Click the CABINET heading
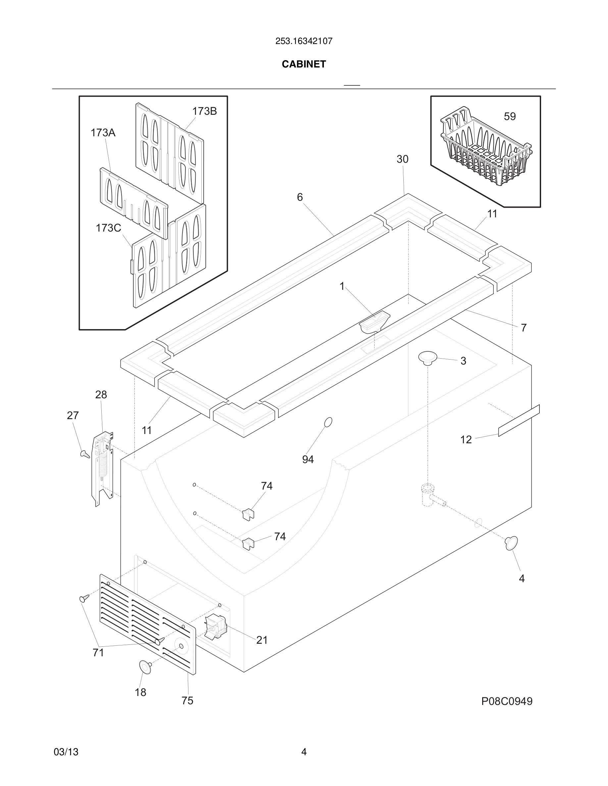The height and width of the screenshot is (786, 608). tap(304, 64)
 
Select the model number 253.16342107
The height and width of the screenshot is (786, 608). tap(304, 41)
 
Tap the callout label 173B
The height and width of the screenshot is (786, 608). tap(204, 111)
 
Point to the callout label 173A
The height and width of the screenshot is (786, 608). tap(103, 133)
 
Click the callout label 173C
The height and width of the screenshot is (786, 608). tap(108, 228)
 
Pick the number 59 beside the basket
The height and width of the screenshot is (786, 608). tap(509, 116)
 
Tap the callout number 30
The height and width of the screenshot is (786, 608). tap(402, 159)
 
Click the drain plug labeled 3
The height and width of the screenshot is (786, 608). tap(428, 358)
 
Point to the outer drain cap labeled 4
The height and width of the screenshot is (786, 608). tap(512, 543)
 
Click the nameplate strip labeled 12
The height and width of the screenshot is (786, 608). tap(519, 420)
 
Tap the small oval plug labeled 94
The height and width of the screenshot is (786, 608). tap(328, 422)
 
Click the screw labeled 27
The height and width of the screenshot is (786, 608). tap(85, 454)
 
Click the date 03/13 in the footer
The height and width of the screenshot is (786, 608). tap(66, 752)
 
